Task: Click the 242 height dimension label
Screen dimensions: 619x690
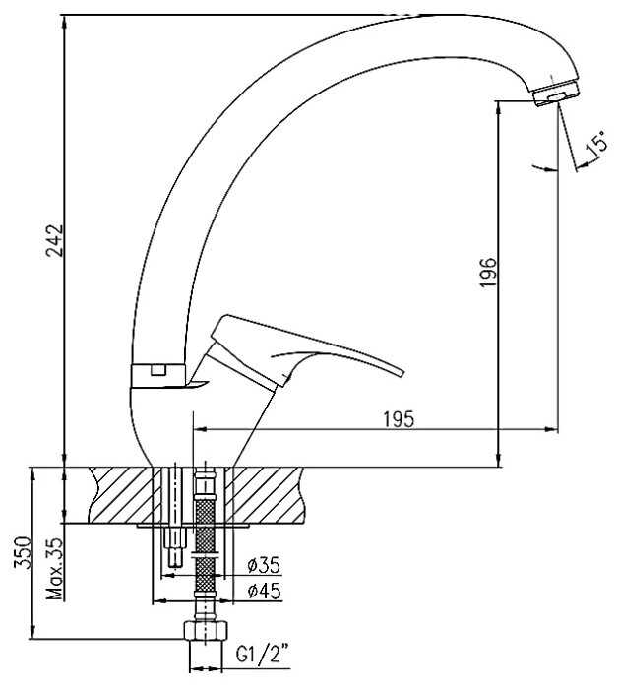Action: (55, 240)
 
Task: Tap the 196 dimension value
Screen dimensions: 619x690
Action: (488, 273)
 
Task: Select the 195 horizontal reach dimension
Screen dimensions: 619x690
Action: (399, 419)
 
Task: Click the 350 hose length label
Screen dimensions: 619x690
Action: (23, 552)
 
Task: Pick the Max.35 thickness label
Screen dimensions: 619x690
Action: (55, 569)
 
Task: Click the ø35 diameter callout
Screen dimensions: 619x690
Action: (264, 565)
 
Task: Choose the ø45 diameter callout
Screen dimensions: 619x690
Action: (264, 591)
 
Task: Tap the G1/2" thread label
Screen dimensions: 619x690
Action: (263, 655)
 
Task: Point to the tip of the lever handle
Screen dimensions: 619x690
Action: (402, 372)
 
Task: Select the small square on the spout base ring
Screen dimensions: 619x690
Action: (157, 370)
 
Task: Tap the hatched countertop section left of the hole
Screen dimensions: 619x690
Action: (121, 495)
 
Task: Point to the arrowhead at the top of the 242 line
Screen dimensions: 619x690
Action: (65, 21)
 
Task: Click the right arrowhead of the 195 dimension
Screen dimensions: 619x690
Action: (552, 429)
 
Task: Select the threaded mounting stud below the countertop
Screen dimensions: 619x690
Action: (176, 547)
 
